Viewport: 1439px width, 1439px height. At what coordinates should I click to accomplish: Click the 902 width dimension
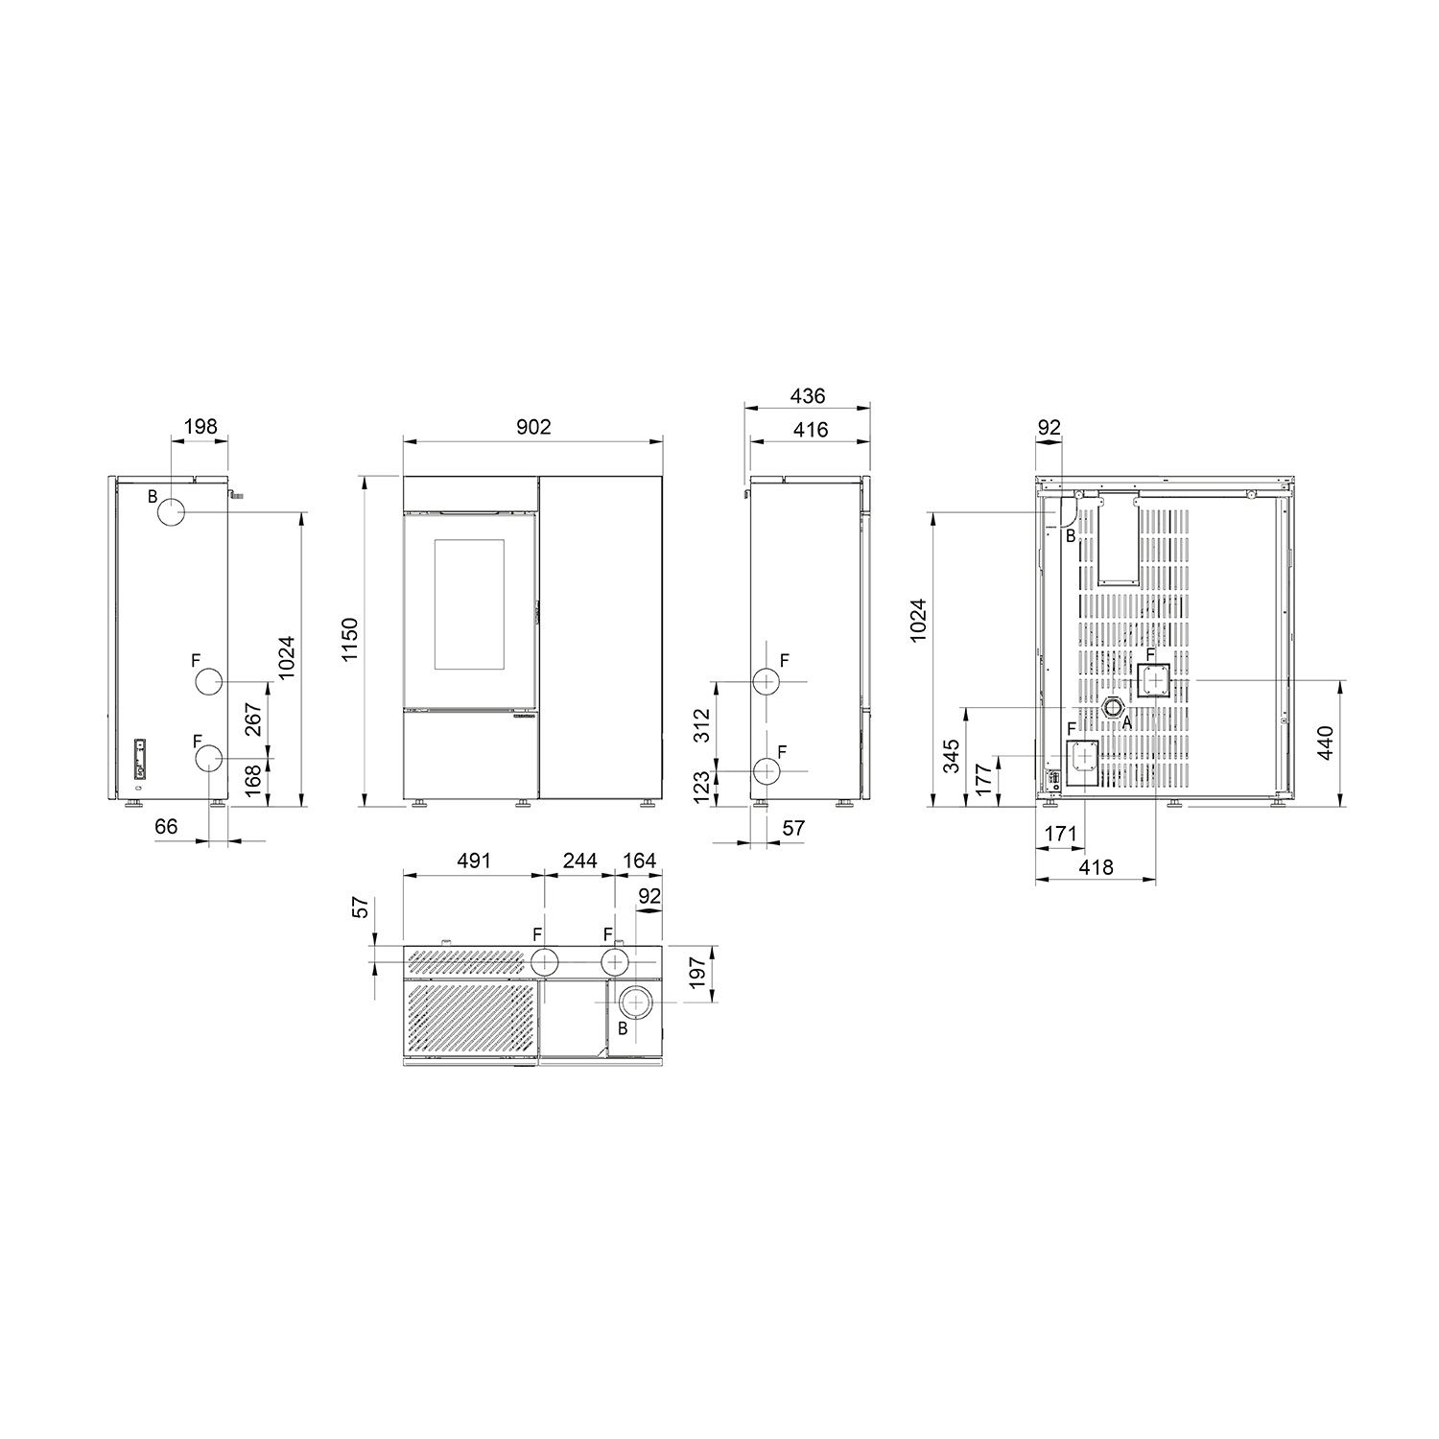tap(533, 426)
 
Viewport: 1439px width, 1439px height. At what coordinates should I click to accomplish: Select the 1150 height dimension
tap(349, 640)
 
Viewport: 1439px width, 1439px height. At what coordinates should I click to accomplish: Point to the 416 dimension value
tap(810, 429)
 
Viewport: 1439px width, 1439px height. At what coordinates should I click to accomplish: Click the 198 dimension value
tap(200, 426)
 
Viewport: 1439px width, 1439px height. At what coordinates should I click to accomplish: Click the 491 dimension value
tap(473, 861)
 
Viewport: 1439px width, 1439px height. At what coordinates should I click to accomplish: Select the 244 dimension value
tap(579, 861)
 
